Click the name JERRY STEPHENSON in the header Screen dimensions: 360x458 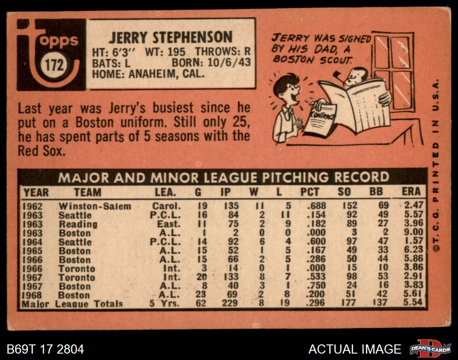click(x=170, y=37)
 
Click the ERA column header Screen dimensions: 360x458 click(x=411, y=192)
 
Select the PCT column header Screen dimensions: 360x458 click(x=310, y=192)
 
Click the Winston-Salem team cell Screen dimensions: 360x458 click(x=94, y=206)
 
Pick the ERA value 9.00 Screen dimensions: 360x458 click(x=414, y=233)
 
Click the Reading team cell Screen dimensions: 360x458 click(x=78, y=224)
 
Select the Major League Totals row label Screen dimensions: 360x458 click(x=72, y=304)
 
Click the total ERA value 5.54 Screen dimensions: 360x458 click(x=414, y=304)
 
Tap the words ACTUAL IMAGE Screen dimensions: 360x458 click(x=354, y=349)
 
